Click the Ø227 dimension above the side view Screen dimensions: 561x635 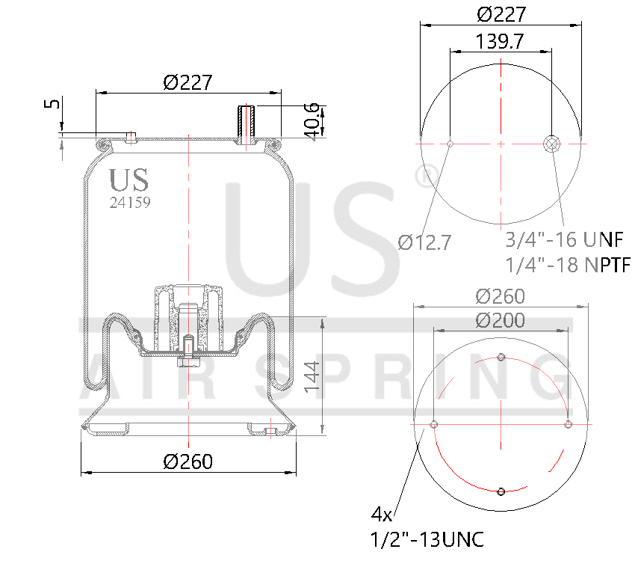tap(188, 82)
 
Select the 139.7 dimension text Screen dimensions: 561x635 tap(499, 42)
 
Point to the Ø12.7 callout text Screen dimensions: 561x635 tap(424, 242)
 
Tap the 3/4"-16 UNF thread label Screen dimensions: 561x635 tap(564, 240)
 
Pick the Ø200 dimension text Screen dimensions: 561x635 tap(500, 321)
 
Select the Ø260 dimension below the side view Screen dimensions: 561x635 tap(188, 462)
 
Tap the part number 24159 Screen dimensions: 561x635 tap(130, 201)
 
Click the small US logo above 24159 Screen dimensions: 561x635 tap(128, 180)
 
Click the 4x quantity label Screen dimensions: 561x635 tap(382, 515)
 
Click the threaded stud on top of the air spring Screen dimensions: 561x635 tap(246, 124)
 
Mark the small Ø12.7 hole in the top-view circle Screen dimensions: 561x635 tap(450, 144)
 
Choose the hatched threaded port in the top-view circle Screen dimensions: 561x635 tap(552, 144)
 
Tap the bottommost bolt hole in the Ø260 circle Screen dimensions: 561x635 tap(501, 491)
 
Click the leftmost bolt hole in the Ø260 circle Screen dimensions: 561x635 tap(433, 425)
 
